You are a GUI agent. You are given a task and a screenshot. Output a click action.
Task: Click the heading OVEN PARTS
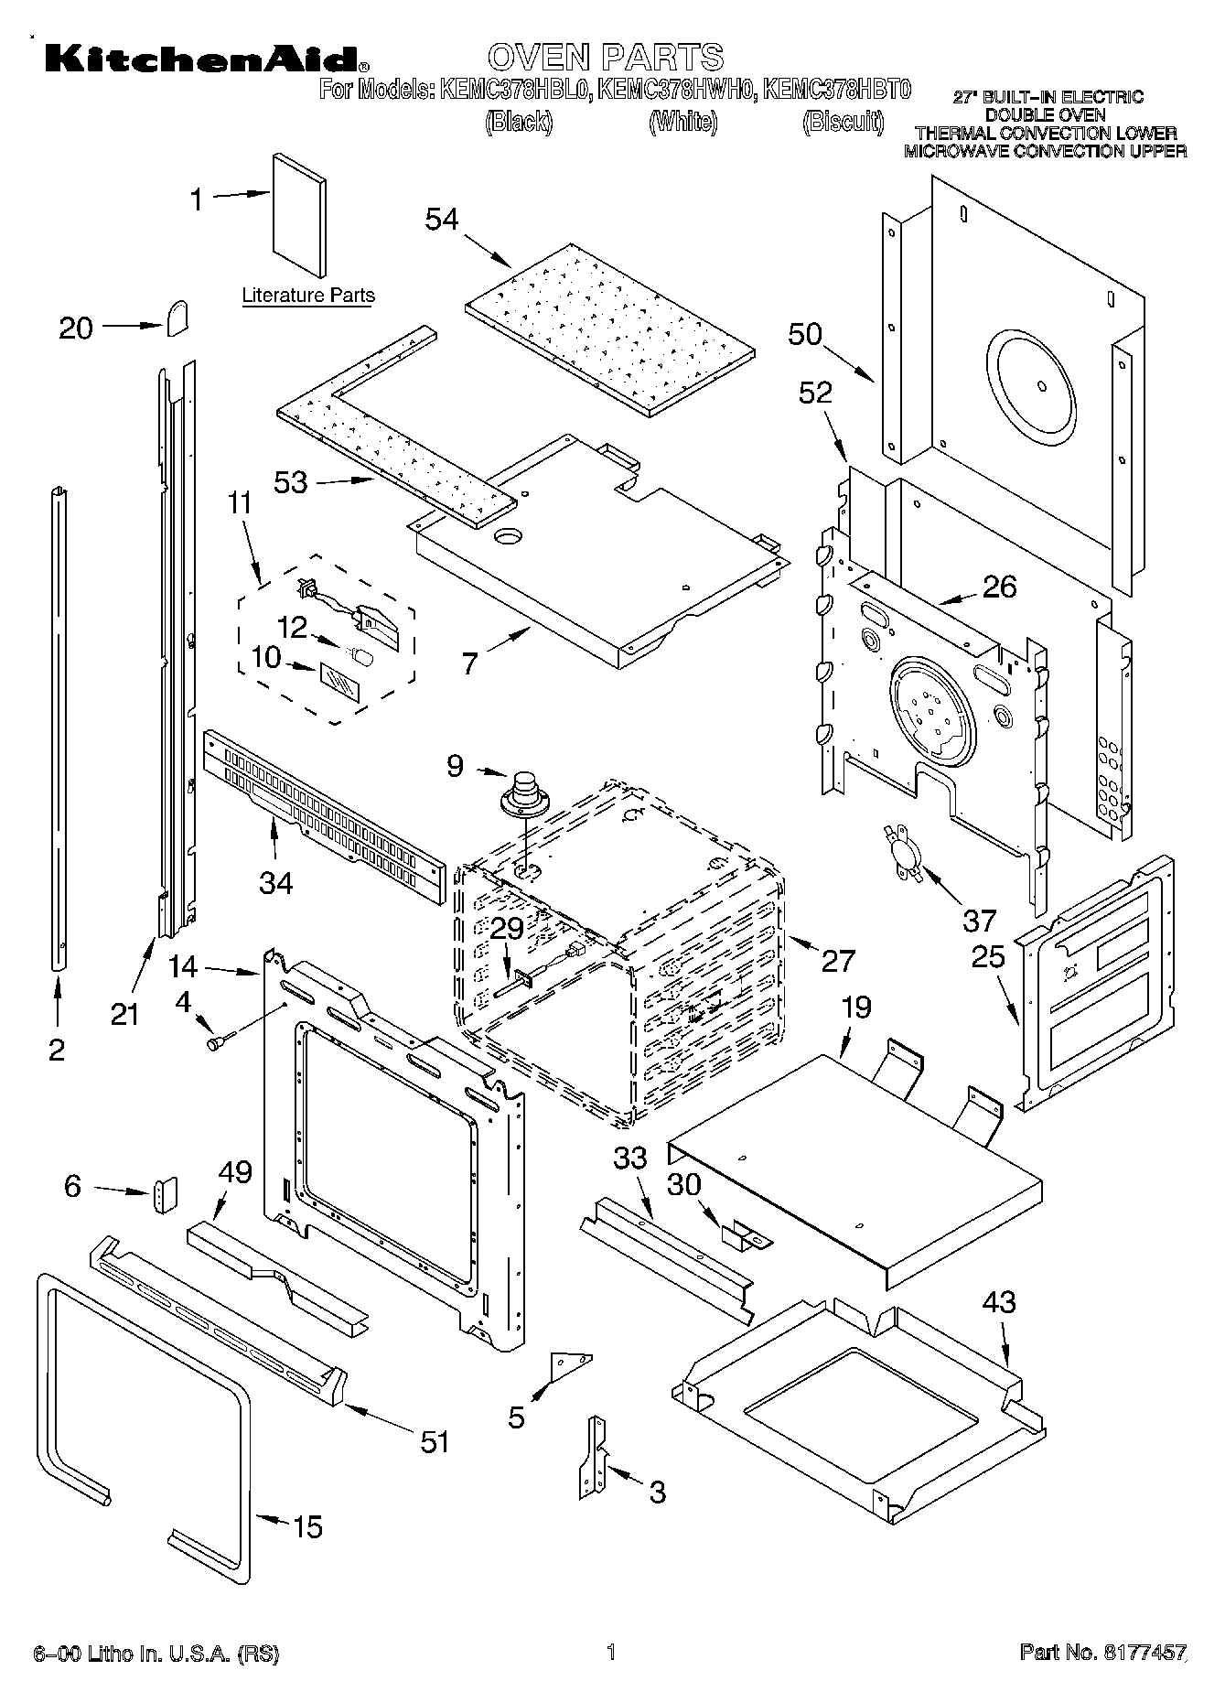606,57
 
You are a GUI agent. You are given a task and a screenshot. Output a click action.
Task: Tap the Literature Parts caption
308,296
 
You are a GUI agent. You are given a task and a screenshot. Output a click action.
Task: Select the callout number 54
442,220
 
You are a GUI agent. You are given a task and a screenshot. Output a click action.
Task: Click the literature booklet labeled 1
298,215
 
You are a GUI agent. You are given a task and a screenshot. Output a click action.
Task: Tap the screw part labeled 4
220,1040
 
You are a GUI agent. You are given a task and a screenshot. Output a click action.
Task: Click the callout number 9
456,765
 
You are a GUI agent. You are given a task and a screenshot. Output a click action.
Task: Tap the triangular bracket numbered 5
568,1365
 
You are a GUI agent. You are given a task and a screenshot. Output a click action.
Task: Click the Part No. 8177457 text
1102,1652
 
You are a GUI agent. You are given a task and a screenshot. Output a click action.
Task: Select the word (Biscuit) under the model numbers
843,122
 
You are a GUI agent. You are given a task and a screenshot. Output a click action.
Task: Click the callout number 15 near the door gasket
307,1526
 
